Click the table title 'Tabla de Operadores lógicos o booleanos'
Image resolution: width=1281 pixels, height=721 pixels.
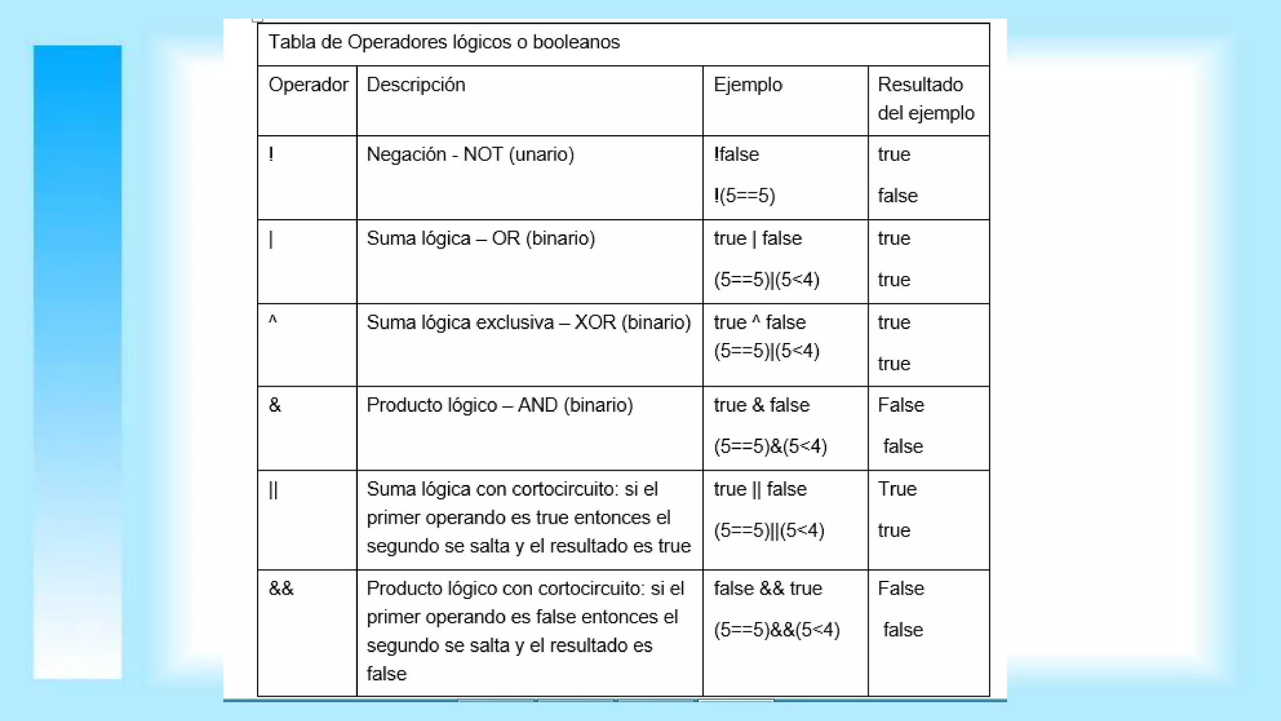click(x=444, y=43)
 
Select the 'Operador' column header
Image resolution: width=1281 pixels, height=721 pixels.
click(x=308, y=85)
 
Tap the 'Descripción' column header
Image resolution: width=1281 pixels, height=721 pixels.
click(x=416, y=85)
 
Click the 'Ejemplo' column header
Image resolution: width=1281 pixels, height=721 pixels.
click(x=747, y=85)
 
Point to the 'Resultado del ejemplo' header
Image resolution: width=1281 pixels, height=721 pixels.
click(x=926, y=99)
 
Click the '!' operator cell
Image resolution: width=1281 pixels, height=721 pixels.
click(x=271, y=155)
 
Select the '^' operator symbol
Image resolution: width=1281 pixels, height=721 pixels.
click(x=273, y=321)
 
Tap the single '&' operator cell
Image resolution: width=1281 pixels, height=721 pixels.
click(x=275, y=406)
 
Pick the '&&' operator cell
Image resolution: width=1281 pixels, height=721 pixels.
click(x=281, y=589)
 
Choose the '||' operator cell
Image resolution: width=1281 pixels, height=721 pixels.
click(x=273, y=490)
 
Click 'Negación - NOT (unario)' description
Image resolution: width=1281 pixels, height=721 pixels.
click(x=470, y=155)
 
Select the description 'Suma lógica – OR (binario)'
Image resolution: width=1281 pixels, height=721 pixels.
click(x=480, y=238)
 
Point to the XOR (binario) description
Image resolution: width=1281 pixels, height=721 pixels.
click(x=529, y=322)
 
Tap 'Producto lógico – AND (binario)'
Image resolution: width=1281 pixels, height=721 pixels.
click(x=499, y=406)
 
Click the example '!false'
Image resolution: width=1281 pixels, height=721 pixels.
click(x=736, y=155)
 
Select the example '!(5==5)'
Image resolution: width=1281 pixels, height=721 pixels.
click(x=744, y=196)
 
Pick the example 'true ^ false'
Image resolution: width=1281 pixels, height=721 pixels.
click(x=759, y=322)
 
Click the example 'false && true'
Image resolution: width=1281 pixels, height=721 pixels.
click(x=767, y=589)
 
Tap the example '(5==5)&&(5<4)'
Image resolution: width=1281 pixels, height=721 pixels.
click(x=776, y=630)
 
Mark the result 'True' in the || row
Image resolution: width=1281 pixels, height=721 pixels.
click(x=897, y=489)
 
